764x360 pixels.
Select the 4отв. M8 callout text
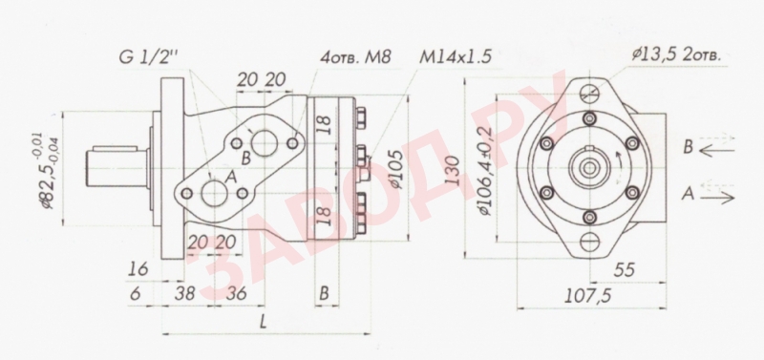coord(354,58)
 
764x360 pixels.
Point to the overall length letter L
coord(263,322)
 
